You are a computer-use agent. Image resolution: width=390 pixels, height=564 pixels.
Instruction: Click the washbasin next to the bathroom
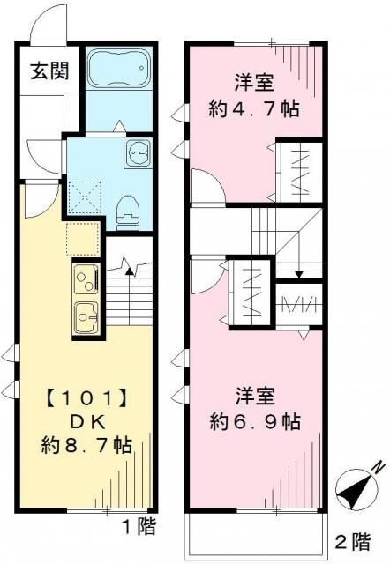coord(139,154)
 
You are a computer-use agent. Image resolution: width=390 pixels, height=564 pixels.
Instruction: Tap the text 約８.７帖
coord(86,447)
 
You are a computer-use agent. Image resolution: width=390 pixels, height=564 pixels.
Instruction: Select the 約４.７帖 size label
coord(254,113)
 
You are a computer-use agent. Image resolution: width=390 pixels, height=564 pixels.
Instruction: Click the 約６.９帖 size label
coord(255,421)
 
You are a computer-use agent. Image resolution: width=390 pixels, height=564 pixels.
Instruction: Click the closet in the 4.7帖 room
coord(300,168)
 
